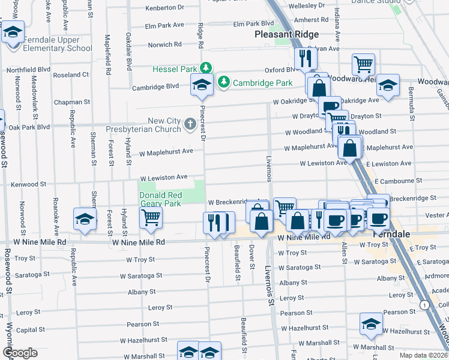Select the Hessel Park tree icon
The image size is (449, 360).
206,67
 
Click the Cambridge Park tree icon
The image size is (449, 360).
224,81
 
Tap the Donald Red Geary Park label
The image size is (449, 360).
160,199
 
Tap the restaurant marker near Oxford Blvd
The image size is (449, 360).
306,58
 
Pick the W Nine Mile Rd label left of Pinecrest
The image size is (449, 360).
139,242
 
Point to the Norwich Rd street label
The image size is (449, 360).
164,45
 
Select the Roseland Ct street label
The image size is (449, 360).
71,75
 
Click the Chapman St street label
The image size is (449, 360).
71,103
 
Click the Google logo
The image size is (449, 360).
20,353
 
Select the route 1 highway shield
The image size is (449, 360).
425,305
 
